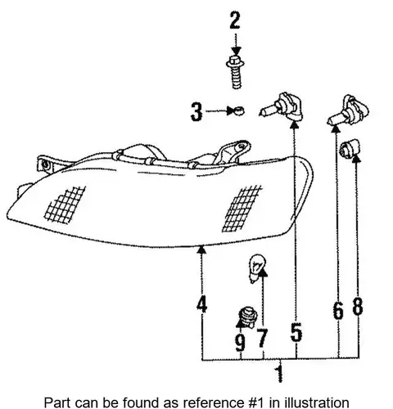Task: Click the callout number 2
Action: coord(235,20)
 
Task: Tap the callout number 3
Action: coord(196,111)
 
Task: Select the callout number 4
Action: coord(202,304)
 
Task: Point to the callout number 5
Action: coord(296,332)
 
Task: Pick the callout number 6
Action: coord(338,310)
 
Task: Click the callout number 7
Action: coord(262,338)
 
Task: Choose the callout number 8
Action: coord(358,306)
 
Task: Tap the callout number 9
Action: coord(241,343)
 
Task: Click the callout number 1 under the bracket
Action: coord(279,374)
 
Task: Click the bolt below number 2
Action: coord(235,72)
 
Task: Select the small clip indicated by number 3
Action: coord(239,110)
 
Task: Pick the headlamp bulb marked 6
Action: coord(349,110)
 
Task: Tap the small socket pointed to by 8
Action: coord(350,149)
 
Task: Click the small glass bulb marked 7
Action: coord(256,268)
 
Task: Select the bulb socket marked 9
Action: coord(248,317)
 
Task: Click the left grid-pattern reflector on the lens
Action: coord(65,205)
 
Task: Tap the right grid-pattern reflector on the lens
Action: coord(242,209)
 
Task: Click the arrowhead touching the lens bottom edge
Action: coord(201,249)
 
